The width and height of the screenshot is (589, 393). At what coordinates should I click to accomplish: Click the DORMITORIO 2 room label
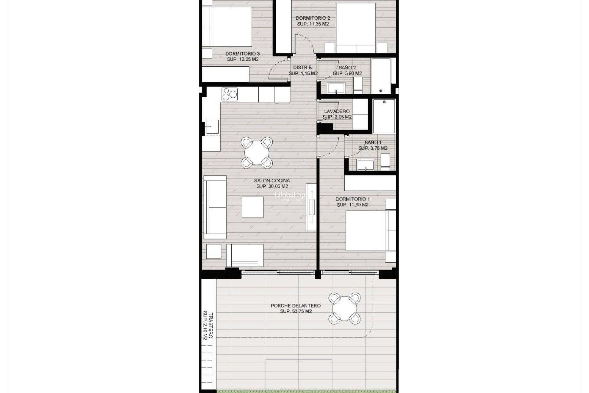(x=313, y=18)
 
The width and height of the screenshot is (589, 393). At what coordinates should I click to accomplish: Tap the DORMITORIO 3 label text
(x=242, y=54)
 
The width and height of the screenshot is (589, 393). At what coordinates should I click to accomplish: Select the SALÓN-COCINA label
(x=272, y=181)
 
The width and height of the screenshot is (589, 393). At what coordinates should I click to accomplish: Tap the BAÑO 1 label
(x=373, y=142)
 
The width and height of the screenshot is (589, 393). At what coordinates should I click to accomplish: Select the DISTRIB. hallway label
(x=303, y=68)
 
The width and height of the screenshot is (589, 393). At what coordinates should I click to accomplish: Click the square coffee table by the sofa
(x=252, y=207)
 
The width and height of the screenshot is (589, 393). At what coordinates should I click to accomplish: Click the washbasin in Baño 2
(x=336, y=88)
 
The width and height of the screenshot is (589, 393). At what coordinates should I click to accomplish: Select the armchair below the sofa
(x=245, y=255)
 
